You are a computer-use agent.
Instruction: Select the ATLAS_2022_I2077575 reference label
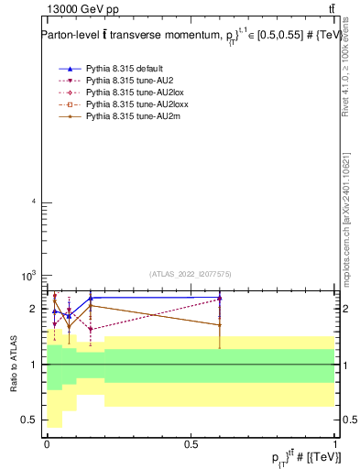coord(191,273)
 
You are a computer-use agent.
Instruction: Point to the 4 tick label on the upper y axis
coord(33,202)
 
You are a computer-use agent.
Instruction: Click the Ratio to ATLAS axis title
coord(14,365)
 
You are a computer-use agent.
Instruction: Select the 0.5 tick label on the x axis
coord(191,443)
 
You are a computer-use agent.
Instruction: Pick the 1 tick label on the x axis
coord(335,443)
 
